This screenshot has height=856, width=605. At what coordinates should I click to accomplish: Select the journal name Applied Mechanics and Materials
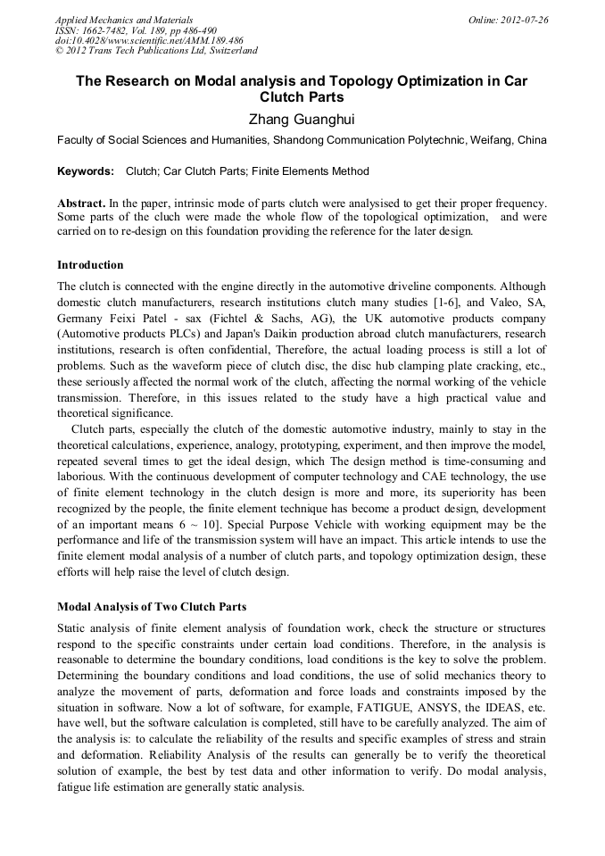click(124, 20)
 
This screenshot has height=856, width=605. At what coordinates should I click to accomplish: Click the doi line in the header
click(149, 40)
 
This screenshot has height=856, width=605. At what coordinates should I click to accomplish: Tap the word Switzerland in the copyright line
click(230, 51)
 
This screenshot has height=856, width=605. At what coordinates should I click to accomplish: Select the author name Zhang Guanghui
click(302, 117)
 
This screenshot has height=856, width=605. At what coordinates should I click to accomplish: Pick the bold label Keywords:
click(86, 171)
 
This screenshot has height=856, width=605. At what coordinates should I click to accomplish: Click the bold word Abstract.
click(82, 203)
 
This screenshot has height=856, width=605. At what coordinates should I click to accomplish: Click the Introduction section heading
click(90, 265)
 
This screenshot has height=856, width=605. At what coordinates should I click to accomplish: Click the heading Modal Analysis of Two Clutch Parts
click(152, 607)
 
